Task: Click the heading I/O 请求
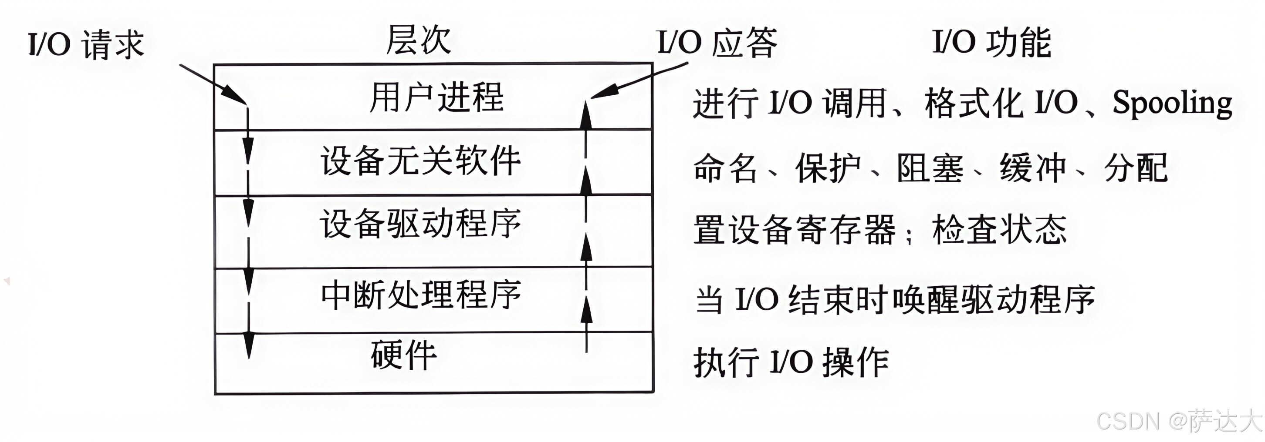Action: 86,44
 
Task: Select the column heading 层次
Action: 418,40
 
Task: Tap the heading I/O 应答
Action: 717,43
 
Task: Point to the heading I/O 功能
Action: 991,43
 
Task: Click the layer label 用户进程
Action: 436,97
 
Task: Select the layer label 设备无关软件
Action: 420,161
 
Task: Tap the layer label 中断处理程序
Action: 421,295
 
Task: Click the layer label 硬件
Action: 404,355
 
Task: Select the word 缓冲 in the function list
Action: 1033,168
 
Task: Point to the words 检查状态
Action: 999,230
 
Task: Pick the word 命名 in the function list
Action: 725,168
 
